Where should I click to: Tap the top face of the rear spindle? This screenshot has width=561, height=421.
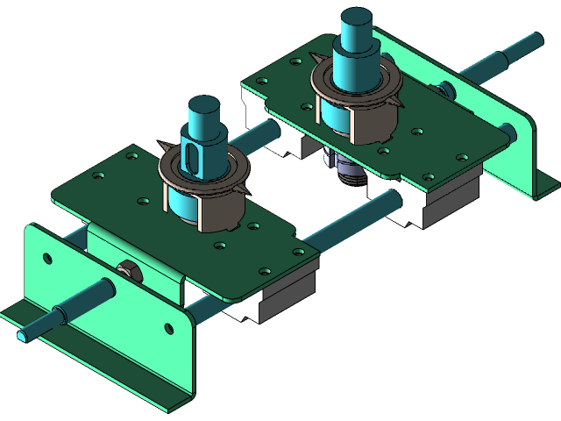[x=357, y=18]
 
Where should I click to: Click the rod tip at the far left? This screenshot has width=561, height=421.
[x=21, y=336]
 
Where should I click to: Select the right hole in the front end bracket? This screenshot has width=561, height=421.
[x=169, y=329]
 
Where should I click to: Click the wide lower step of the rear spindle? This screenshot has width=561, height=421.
[x=355, y=70]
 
